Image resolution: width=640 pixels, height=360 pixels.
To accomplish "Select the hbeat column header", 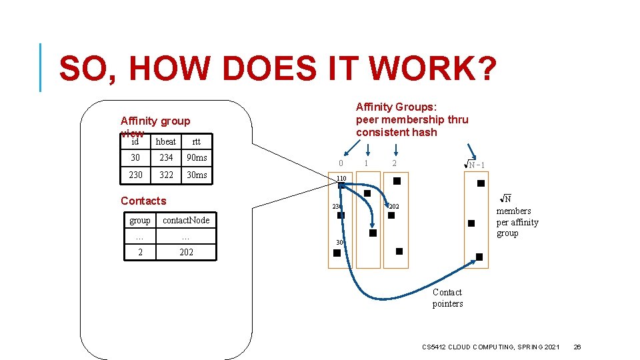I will click(x=165, y=141).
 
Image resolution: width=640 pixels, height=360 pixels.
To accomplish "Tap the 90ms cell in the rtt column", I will click(x=197, y=158).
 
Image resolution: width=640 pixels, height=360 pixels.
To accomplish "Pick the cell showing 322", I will click(x=166, y=175).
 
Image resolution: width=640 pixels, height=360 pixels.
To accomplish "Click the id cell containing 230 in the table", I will click(x=135, y=175).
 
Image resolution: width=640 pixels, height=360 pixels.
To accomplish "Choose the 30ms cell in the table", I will click(x=197, y=175).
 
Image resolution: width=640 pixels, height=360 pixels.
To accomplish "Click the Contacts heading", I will click(x=143, y=201).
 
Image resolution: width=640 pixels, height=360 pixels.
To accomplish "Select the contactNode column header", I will click(x=186, y=220).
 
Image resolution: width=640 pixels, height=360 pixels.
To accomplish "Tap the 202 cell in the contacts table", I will click(x=186, y=252).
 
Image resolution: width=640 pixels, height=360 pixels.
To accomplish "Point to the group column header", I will click(x=140, y=220).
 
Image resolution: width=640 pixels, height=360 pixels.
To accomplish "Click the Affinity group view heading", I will click(x=155, y=121).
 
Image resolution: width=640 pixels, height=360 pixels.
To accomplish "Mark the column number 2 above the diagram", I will click(x=395, y=163).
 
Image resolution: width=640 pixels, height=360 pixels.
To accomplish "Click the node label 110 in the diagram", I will click(x=341, y=179).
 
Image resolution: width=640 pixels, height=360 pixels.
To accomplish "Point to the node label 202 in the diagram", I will click(x=394, y=207).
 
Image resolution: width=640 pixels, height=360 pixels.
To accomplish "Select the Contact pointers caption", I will click(x=447, y=298).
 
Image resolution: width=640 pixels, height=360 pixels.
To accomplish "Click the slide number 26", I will click(x=578, y=347).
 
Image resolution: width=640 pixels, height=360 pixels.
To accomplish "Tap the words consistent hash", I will click(x=396, y=132).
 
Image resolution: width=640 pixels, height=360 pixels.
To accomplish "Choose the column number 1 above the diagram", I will click(x=365, y=163).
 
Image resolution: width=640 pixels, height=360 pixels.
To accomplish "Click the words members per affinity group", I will click(x=517, y=222).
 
